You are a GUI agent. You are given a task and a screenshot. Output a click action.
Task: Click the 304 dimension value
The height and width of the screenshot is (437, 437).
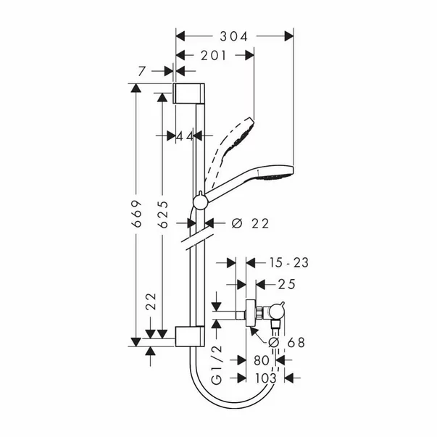point(233,36)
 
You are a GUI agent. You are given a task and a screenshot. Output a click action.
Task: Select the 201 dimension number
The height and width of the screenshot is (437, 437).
point(214,56)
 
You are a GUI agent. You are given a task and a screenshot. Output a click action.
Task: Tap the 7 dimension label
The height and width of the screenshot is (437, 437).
point(141,71)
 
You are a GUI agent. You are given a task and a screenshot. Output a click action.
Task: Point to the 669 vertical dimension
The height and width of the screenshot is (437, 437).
point(136,214)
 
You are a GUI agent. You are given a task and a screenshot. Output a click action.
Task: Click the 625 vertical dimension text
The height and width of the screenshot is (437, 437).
point(163,215)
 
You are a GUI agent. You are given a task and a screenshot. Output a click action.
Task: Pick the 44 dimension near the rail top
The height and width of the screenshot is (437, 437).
point(185,136)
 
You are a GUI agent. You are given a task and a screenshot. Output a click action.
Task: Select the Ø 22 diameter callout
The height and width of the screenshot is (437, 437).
point(250,223)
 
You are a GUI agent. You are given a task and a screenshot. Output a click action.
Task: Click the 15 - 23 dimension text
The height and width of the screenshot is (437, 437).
point(288,263)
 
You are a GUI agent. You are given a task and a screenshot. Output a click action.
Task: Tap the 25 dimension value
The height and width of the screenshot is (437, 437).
point(286,284)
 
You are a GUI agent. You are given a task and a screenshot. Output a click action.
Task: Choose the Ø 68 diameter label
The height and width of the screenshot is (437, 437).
point(286,343)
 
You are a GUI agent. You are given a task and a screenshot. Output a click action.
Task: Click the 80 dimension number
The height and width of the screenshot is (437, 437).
point(262,360)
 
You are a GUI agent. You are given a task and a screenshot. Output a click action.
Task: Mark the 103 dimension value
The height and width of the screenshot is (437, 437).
point(266,378)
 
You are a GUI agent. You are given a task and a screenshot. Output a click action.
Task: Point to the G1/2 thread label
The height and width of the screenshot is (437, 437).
point(217,365)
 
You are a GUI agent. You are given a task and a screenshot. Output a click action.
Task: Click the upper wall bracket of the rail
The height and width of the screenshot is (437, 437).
point(189,93)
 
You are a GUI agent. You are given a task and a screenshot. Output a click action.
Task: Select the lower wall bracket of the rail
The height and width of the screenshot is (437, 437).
point(190,336)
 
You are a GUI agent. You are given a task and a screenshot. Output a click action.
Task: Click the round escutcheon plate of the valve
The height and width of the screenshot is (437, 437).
point(251,314)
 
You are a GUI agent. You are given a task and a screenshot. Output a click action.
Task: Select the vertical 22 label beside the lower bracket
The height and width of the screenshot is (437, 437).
point(151,301)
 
